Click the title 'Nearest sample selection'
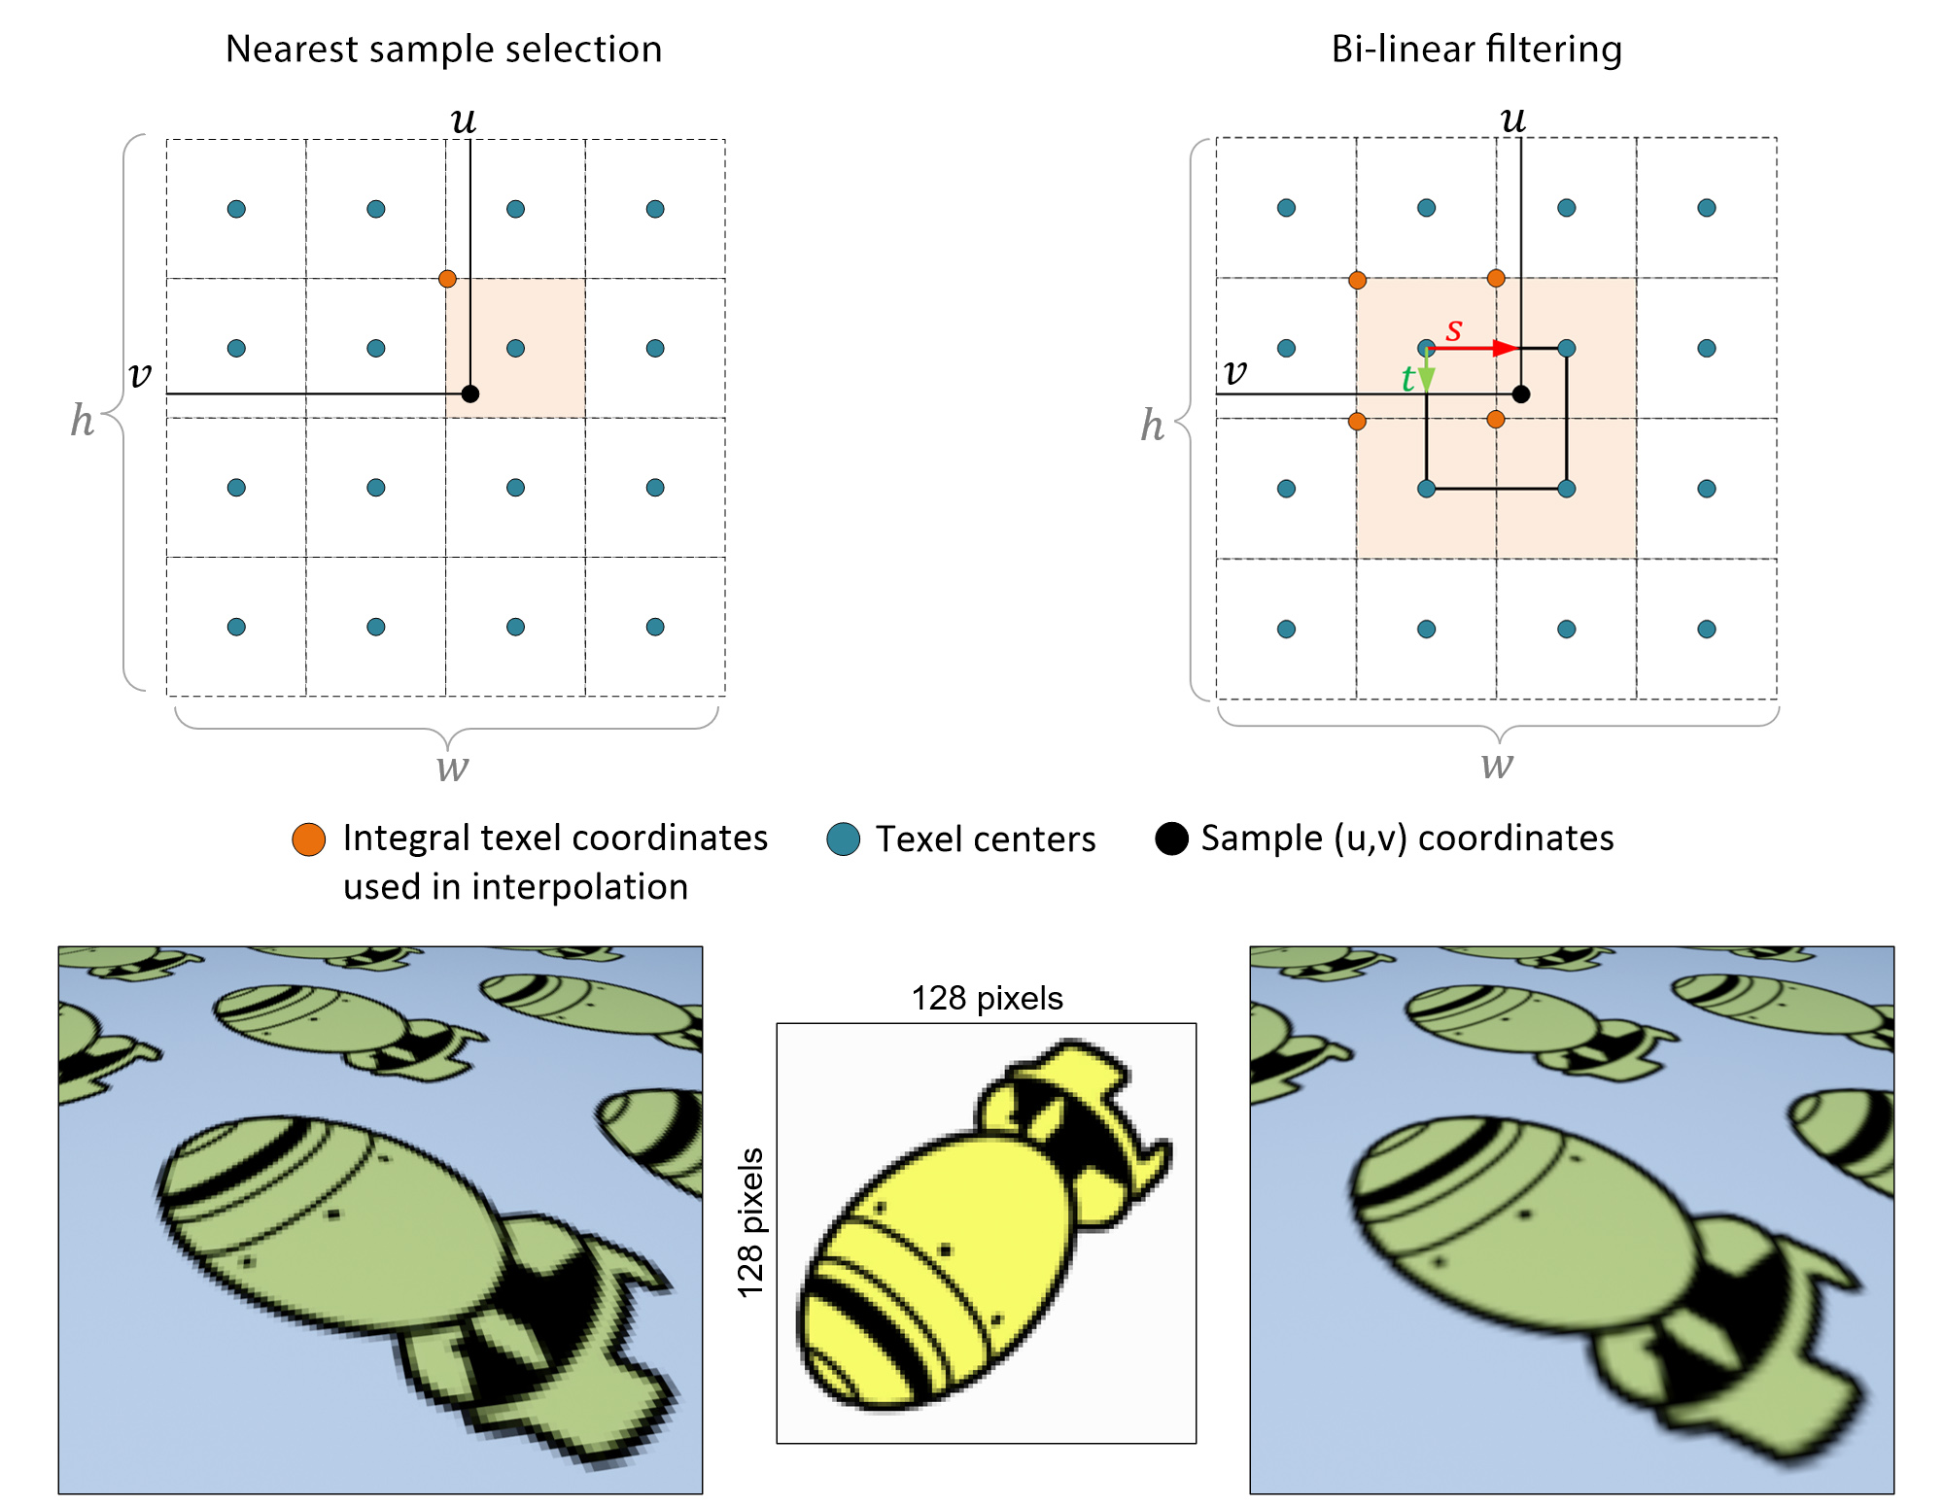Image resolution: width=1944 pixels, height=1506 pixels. point(443,49)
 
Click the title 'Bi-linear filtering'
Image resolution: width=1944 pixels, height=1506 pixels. point(1475,49)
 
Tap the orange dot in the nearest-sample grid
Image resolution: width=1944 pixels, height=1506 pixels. point(447,279)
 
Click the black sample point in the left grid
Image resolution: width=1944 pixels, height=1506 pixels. point(470,394)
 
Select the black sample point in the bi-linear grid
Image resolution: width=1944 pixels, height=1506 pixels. point(1521,394)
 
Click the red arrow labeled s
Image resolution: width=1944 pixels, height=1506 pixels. point(1473,348)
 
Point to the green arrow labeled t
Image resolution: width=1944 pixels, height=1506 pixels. point(1426,370)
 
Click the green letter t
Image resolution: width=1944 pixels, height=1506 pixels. point(1406,378)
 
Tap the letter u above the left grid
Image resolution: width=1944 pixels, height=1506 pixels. point(463,120)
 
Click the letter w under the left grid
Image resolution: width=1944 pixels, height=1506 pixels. point(452,767)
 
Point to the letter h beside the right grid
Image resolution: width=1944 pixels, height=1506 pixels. point(1152,425)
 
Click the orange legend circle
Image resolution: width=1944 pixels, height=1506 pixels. point(309,839)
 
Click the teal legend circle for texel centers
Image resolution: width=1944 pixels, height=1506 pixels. point(843,839)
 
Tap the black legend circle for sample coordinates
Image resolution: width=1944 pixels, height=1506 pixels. point(1171,839)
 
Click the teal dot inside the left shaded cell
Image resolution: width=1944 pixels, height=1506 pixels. point(515,348)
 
